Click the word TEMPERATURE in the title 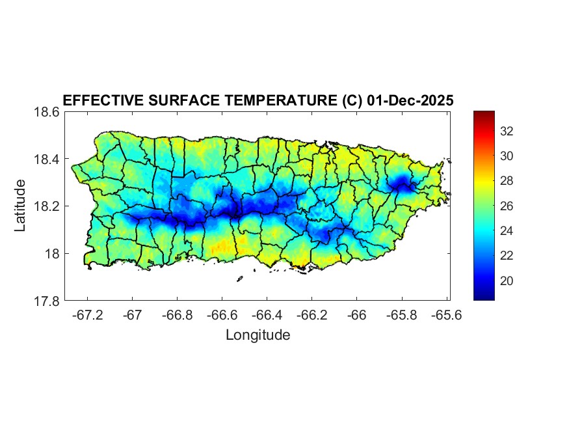[x=276, y=100]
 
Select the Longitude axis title [x=258, y=335]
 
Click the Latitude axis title [x=20, y=205]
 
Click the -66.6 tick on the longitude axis [x=222, y=314]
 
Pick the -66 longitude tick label [x=356, y=314]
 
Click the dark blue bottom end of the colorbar [x=484, y=296]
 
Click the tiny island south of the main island [x=239, y=279]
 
